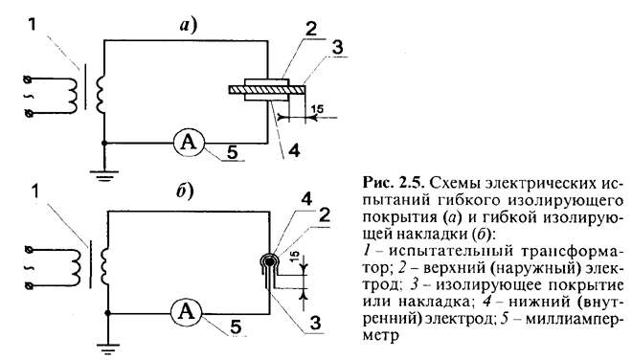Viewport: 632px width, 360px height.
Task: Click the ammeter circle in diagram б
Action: coord(186,313)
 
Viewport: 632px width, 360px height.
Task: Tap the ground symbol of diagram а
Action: coord(104,176)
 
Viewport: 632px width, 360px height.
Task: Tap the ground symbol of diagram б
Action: coord(107,349)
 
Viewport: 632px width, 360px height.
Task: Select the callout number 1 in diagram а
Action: coord(33,25)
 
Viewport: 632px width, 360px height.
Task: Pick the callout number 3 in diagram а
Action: coord(337,47)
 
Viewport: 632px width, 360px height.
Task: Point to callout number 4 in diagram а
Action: coord(294,151)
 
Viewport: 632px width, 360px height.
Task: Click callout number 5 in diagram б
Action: coord(237,327)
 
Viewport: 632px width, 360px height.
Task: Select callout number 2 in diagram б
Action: coord(324,215)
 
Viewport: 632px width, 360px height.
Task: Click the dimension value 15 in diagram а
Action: coord(317,109)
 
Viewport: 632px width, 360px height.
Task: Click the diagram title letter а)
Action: coord(188,25)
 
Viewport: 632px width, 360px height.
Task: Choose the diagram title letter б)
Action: coord(185,191)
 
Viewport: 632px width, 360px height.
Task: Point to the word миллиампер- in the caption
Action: coord(574,318)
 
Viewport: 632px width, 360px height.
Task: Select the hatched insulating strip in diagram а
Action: coord(266,89)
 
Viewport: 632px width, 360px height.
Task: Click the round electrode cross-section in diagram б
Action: coord(269,261)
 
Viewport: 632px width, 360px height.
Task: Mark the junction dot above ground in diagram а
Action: coord(104,143)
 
